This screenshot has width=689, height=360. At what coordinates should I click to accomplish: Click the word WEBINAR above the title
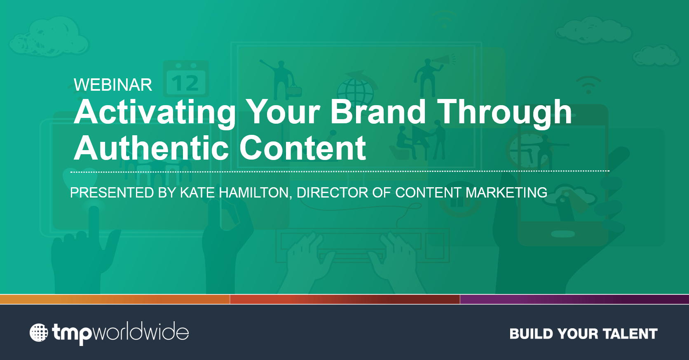point(113,85)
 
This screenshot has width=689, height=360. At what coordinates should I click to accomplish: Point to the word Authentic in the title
point(151,148)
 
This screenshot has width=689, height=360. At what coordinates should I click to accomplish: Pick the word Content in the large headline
point(302,148)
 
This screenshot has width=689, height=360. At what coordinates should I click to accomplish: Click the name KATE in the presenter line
point(197,193)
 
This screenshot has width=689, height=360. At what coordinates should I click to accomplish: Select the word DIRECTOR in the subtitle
point(332,193)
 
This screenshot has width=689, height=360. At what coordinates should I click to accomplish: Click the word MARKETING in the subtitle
point(506,193)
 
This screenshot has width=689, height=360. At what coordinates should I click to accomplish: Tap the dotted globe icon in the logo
point(39,333)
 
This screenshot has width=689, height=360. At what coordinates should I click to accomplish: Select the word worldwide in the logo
point(141,331)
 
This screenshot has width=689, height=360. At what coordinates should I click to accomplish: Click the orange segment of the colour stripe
point(115,299)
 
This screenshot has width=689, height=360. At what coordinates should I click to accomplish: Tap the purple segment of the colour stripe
point(574,299)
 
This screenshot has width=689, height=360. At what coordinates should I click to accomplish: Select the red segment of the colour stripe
point(345,299)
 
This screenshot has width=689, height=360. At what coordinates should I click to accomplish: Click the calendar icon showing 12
point(186,79)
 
